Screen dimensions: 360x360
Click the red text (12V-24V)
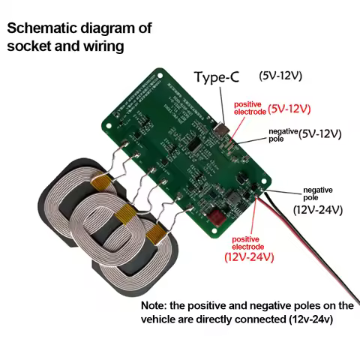click(x=249, y=257)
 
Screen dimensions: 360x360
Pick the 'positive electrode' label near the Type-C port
click(x=251, y=109)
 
